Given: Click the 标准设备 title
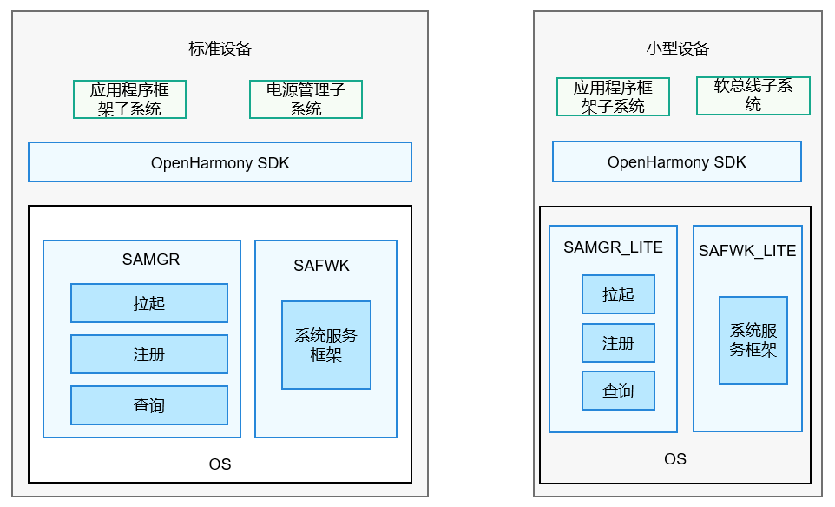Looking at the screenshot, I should click(x=220, y=49).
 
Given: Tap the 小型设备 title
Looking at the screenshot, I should click(x=677, y=49).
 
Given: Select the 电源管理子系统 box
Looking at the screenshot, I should click(x=306, y=99).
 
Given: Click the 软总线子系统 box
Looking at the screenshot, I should click(x=753, y=95).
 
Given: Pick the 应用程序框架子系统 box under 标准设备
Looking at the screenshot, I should click(x=129, y=99).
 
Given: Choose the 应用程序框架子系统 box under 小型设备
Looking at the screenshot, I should click(x=613, y=96).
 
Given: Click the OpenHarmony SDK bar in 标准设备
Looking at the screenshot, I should click(x=220, y=162).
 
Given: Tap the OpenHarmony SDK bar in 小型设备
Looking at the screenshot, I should click(x=676, y=162).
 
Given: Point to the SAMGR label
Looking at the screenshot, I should click(x=150, y=259).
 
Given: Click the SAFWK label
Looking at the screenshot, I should click(x=321, y=266).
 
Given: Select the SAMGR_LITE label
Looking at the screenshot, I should click(x=613, y=247).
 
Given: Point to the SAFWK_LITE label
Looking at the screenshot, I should click(x=746, y=251).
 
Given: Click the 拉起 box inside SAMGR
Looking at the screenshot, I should click(x=149, y=303).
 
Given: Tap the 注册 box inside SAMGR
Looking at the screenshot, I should click(x=149, y=354).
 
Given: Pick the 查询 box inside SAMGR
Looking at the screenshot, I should click(x=149, y=405).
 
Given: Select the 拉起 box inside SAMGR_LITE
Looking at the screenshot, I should click(x=618, y=294).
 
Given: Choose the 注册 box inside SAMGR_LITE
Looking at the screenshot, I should click(x=618, y=343).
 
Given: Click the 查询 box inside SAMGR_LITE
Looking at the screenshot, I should click(x=618, y=391).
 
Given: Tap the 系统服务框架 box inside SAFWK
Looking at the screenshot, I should click(x=325, y=345).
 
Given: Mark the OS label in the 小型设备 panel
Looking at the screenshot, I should click(x=674, y=458).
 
